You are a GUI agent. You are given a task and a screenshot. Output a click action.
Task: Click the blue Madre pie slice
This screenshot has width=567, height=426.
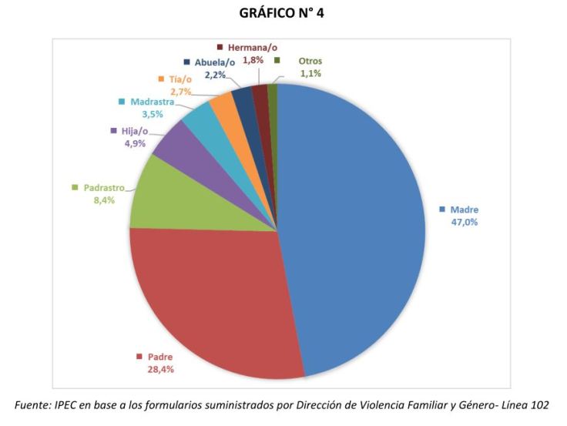(x=354, y=223)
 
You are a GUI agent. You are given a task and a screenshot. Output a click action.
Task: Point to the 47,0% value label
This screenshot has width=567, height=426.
(x=465, y=223)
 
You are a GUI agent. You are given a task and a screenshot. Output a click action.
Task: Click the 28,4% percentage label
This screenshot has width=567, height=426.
(x=159, y=369)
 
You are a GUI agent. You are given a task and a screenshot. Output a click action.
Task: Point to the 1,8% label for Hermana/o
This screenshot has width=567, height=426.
(x=254, y=59)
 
